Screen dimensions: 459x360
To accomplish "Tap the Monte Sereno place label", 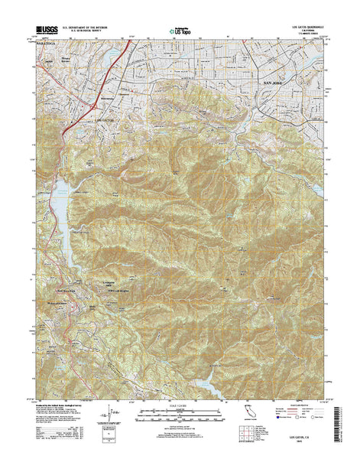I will coord(70,60).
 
